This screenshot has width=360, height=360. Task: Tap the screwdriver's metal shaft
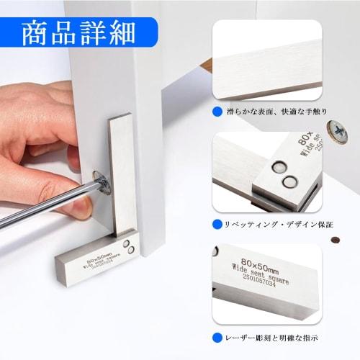coord(43,208)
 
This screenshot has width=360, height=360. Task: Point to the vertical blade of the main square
coord(122,173)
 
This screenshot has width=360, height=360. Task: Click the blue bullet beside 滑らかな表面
coord(217,112)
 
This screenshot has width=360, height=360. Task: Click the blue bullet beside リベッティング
coord(217,224)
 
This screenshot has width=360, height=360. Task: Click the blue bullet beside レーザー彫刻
coord(217,336)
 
